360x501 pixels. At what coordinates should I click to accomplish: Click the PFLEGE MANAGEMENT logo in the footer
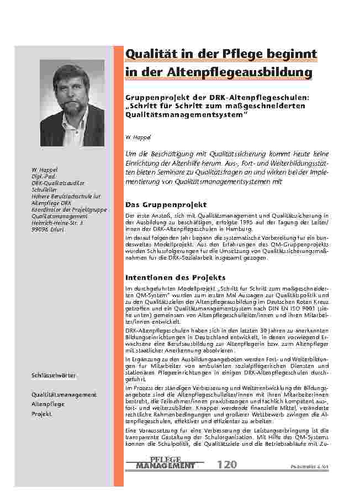coord(165,463)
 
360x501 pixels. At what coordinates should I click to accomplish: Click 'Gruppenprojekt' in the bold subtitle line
coord(156,98)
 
